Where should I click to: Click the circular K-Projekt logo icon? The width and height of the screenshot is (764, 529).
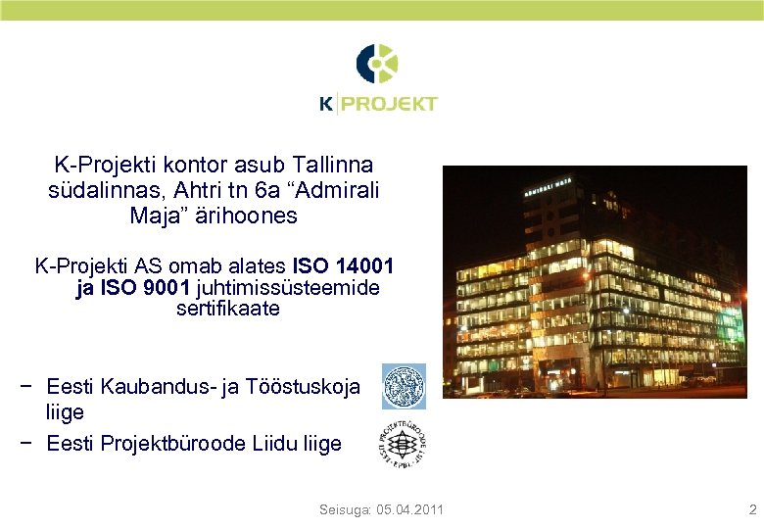click(x=377, y=64)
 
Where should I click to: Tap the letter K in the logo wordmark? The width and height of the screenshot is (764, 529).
click(x=326, y=103)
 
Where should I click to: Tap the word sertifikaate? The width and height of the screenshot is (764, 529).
click(x=228, y=309)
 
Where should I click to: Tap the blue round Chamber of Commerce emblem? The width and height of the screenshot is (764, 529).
click(x=404, y=386)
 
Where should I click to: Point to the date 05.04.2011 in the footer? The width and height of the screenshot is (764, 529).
click(x=410, y=509)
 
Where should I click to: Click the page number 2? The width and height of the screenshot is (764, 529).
click(x=752, y=509)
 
